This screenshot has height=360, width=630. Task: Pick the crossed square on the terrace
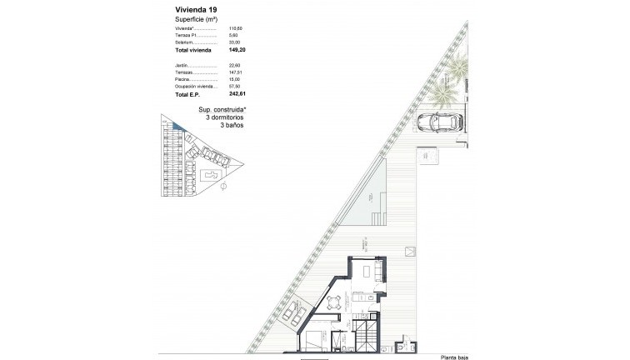tap(409, 252)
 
